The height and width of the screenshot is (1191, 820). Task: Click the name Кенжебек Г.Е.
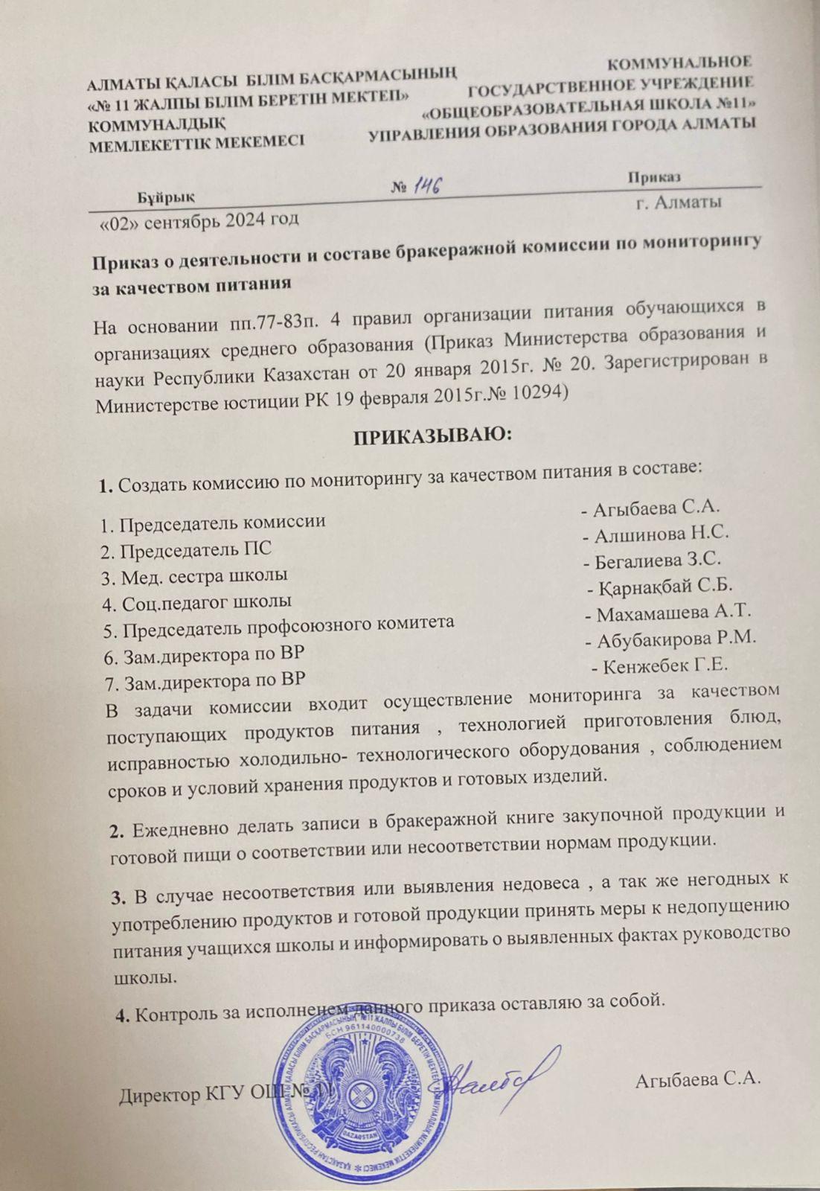click(666, 665)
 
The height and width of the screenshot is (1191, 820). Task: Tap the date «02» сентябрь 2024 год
click(199, 220)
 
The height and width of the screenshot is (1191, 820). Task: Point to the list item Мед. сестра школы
click(195, 575)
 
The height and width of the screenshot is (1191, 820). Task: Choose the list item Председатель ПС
click(186, 549)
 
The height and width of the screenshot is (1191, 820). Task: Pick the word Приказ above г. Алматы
click(654, 176)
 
